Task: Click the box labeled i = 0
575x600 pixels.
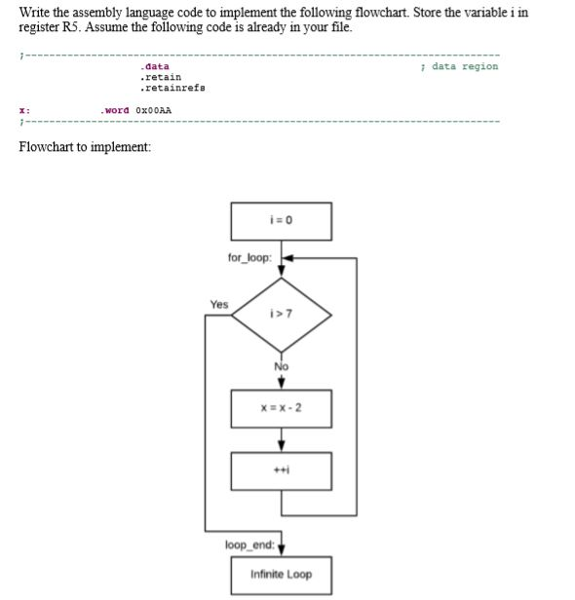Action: click(281, 221)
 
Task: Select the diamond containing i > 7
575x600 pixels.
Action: click(281, 315)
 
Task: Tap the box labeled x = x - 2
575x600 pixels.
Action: click(281, 408)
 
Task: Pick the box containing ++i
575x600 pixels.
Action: click(281, 470)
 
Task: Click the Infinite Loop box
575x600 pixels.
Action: click(281, 574)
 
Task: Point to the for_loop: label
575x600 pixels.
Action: click(249, 258)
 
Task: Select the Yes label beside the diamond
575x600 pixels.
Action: click(219, 304)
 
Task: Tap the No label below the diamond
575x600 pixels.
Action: click(281, 366)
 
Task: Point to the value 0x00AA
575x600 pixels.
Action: click(154, 109)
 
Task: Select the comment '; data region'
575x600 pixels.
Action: click(457, 66)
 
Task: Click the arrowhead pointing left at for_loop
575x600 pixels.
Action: click(288, 259)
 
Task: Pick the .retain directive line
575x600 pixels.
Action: click(160, 76)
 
